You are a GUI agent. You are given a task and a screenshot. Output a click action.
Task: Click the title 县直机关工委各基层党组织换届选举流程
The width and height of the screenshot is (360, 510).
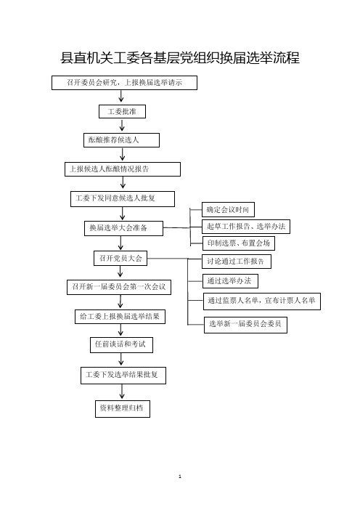tap(180, 58)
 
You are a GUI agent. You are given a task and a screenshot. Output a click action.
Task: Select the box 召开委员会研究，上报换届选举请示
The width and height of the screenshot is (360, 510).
tap(124, 83)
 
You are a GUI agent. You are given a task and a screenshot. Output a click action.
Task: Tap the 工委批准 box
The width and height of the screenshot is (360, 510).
tap(122, 112)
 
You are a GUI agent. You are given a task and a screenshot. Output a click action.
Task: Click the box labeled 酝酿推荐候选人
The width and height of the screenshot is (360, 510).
tap(121, 140)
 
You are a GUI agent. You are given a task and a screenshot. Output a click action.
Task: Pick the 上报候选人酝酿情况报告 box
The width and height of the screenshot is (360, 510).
tap(123, 169)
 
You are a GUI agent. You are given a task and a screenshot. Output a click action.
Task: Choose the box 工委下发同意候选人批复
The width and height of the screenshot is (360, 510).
tap(123, 199)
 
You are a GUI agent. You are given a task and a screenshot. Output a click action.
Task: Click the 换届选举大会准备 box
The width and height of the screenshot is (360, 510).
tap(123, 228)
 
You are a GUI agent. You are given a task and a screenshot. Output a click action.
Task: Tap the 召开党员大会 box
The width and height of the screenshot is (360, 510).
tap(120, 258)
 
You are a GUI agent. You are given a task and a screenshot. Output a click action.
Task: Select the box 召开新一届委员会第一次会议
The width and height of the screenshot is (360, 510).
tap(119, 287)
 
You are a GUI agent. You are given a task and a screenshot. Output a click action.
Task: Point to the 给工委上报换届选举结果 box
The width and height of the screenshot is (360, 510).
tap(120, 317)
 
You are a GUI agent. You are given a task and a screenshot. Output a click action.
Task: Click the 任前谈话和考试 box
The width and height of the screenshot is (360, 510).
tap(121, 345)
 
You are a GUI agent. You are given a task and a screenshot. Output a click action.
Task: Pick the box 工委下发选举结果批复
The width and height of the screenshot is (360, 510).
tap(123, 376)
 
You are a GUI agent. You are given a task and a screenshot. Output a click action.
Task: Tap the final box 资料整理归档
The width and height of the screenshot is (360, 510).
tap(123, 408)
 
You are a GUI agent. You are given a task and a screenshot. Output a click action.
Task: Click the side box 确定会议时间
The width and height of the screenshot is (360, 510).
tap(228, 209)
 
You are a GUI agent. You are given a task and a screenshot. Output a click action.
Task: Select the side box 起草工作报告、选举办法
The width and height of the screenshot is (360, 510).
tap(246, 227)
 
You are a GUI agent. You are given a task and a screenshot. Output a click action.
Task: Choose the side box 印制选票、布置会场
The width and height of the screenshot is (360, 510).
tap(239, 243)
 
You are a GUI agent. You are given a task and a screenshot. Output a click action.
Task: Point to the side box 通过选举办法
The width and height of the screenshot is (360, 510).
tap(230, 281)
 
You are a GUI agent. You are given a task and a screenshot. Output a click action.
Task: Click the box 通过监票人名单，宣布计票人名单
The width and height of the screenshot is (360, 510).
tap(262, 301)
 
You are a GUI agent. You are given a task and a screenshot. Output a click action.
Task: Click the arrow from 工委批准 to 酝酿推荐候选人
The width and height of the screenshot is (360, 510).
tap(122, 126)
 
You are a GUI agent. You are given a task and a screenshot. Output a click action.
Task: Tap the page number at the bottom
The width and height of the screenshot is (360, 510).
tap(180, 477)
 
